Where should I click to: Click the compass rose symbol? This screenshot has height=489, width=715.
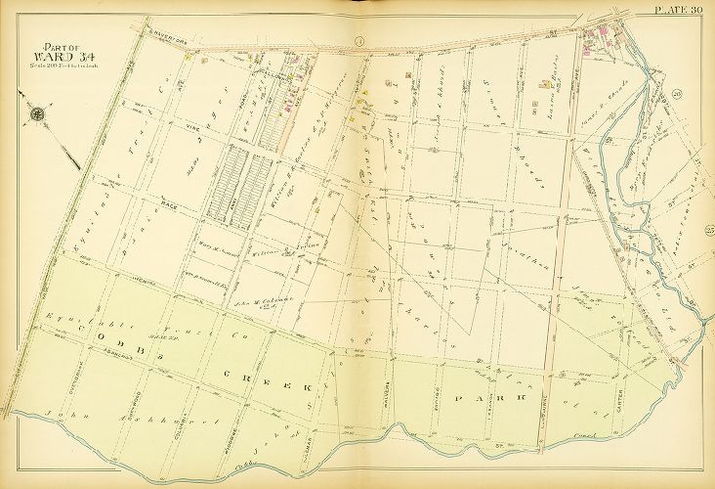click(x=38, y=113)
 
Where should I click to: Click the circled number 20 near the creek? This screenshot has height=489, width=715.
click(x=676, y=95)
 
